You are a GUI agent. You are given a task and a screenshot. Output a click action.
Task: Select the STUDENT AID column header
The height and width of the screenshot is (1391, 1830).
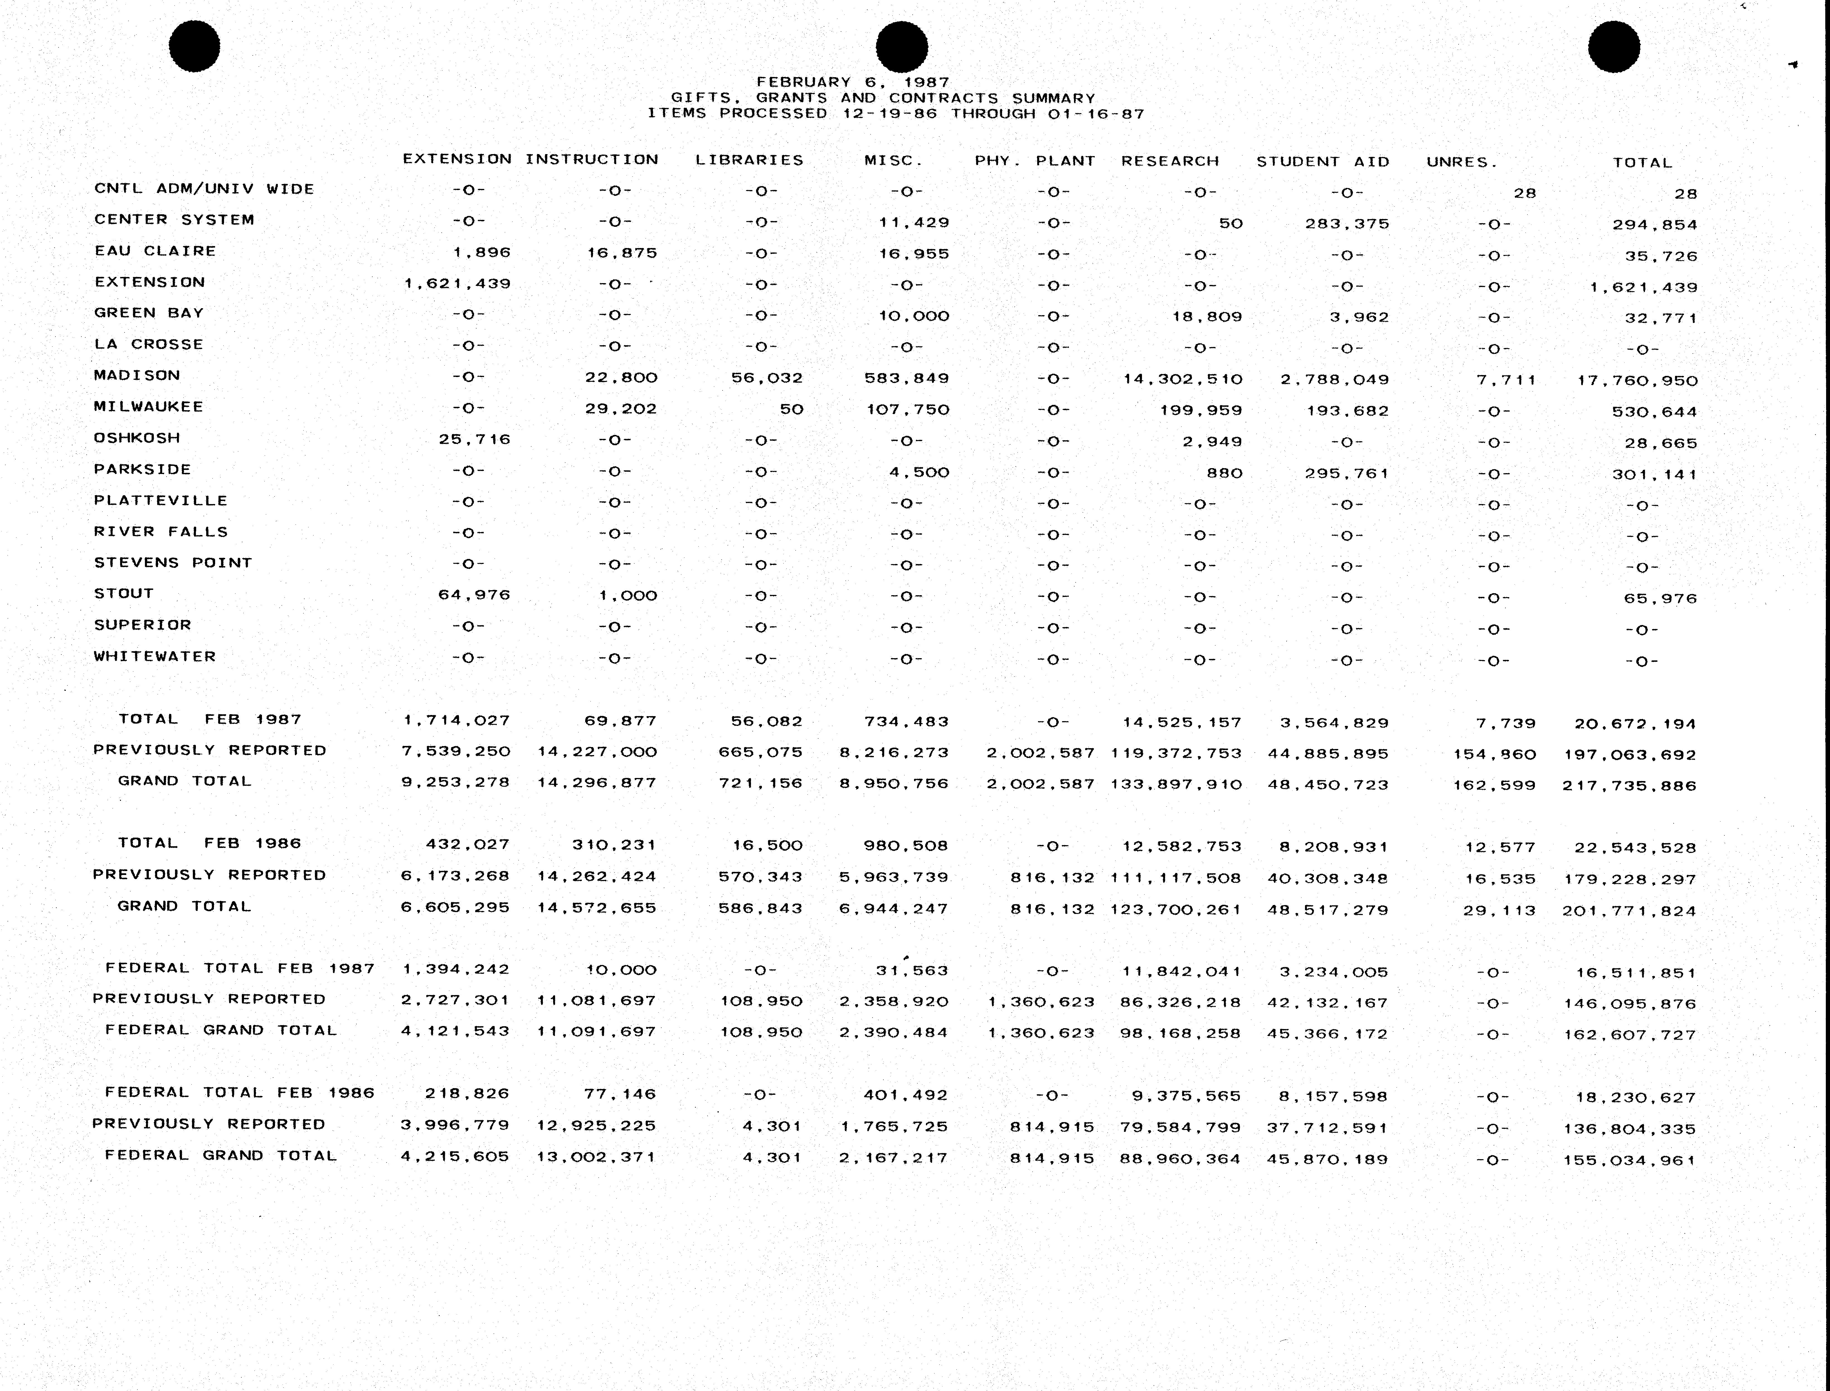click(1322, 161)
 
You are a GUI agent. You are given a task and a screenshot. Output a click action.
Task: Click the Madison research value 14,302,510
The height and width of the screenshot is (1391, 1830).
click(1182, 379)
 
